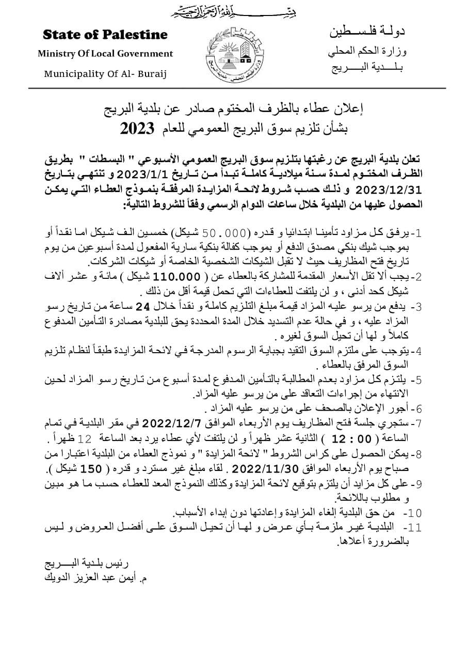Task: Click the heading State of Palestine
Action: point(105,35)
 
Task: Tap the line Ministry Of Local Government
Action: point(105,54)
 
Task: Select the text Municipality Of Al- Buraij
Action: point(106,73)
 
